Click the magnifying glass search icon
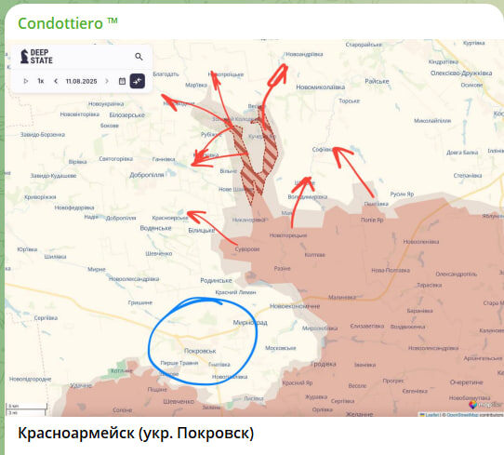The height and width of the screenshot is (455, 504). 139,57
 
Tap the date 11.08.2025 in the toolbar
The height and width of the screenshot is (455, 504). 82,81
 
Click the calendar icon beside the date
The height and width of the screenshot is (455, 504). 122,81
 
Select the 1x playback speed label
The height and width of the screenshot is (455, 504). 41,81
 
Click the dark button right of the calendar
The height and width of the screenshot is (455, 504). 138,81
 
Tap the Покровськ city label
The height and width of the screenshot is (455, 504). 201,350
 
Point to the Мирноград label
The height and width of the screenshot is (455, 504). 248,323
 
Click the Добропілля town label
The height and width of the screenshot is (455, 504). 147,173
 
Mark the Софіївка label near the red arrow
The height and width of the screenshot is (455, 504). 325,148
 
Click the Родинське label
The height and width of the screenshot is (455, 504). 217,279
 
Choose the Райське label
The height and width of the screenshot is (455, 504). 376,81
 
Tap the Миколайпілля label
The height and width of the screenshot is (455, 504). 432,120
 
